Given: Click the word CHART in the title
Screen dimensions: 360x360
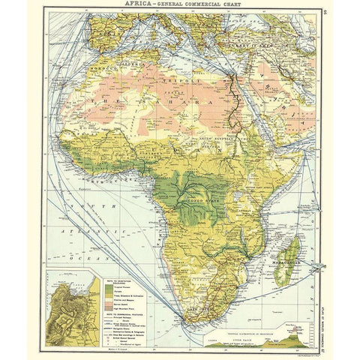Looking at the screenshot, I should tap(229, 5).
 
